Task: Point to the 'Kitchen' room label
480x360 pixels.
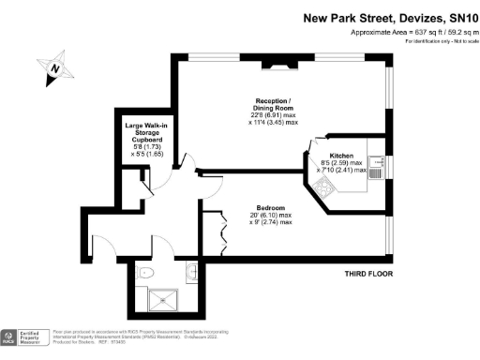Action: [340, 156]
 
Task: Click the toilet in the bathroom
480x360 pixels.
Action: [145, 273]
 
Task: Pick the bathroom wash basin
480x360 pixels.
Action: [191, 275]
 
